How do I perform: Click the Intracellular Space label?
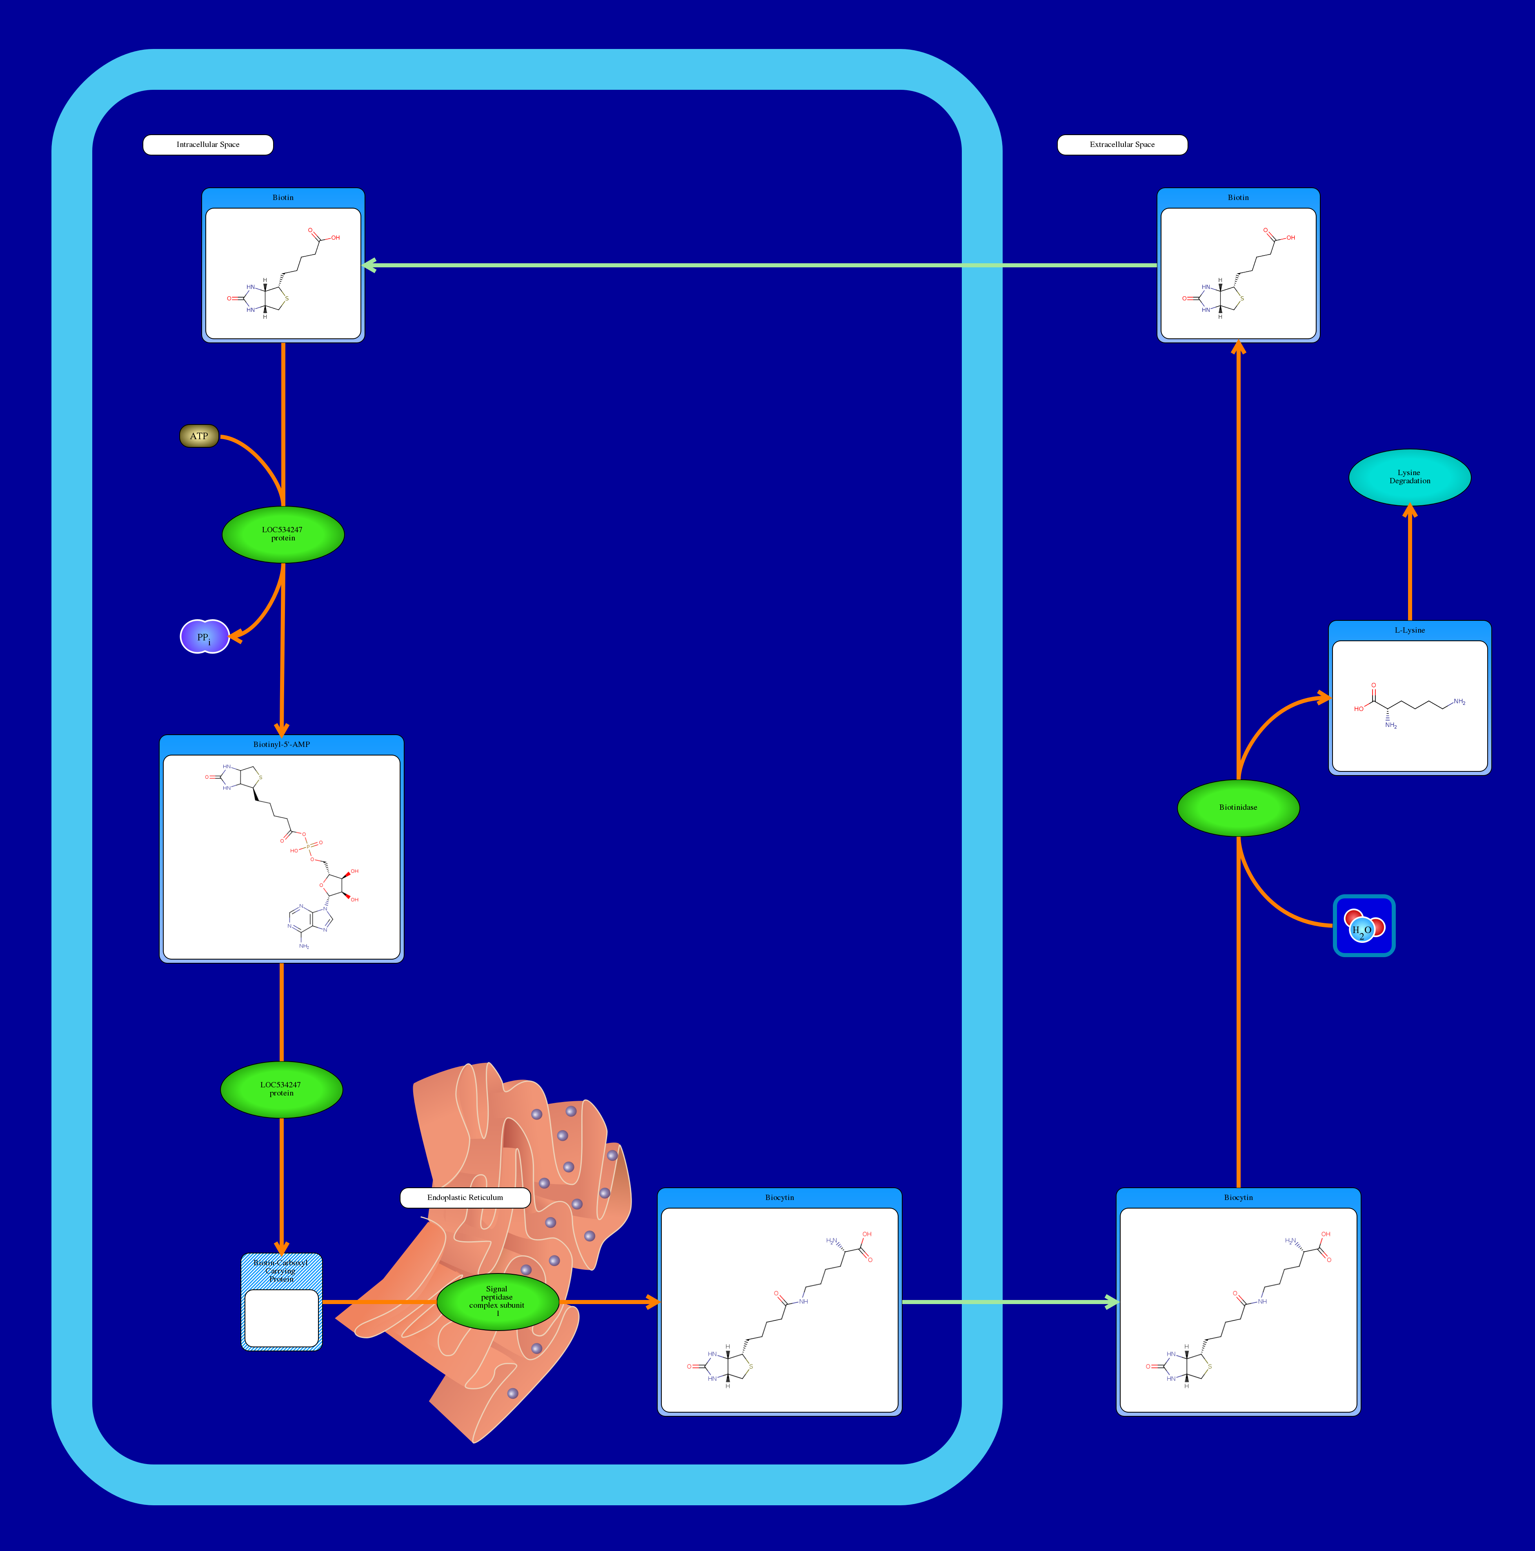tap(208, 144)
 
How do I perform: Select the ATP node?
tap(199, 436)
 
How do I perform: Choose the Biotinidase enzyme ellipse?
tap(1238, 808)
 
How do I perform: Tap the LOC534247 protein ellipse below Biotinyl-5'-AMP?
tap(281, 1089)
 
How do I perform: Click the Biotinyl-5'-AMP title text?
tap(281, 744)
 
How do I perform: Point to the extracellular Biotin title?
tap(1238, 198)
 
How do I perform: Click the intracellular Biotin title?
tap(283, 198)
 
